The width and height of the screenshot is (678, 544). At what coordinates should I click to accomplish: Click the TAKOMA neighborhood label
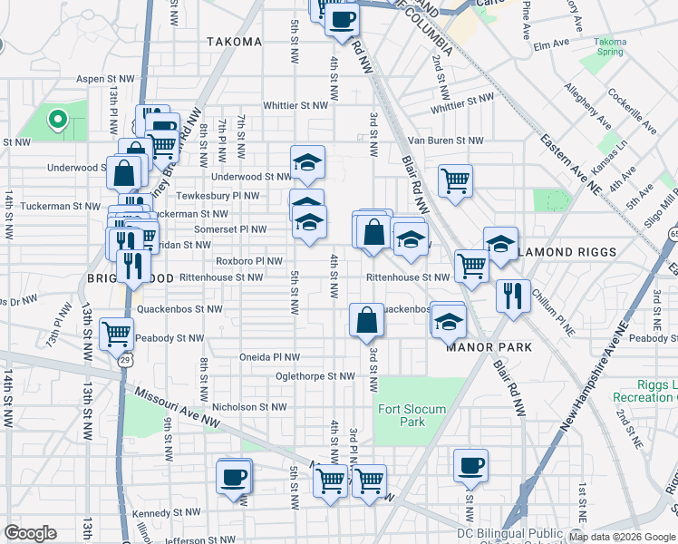point(234,42)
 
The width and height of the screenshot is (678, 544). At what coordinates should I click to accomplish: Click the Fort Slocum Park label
point(412,415)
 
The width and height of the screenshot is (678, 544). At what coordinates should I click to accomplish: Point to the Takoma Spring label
point(610,47)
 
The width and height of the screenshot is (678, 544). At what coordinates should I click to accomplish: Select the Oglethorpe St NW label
point(315,375)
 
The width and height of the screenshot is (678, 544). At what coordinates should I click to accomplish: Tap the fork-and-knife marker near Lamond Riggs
point(513,296)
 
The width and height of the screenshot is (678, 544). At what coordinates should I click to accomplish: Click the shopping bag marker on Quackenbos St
point(366,321)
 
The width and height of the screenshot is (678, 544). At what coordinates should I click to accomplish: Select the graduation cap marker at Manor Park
point(448,321)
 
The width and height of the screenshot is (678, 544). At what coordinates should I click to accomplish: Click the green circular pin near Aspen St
point(56,118)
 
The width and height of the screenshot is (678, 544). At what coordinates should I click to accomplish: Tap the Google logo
point(31,533)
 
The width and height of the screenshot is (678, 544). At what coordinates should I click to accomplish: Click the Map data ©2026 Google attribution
point(621,537)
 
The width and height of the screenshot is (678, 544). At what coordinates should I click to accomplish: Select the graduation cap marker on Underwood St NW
point(307,162)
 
